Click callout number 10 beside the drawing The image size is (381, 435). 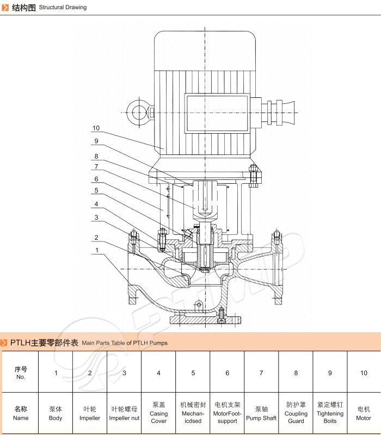click(x=96, y=128)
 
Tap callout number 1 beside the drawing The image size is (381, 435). click(x=96, y=250)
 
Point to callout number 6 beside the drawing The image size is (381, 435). click(x=96, y=178)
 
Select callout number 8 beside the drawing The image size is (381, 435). click(x=96, y=156)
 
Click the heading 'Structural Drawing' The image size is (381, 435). click(x=63, y=8)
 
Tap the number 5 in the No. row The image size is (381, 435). click(x=193, y=373)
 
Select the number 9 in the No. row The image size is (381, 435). click(x=330, y=373)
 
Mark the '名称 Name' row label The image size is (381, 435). click(x=21, y=413)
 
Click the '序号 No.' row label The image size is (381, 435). click(x=21, y=372)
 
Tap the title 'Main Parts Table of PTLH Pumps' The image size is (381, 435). click(x=125, y=343)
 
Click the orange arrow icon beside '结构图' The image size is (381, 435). click(x=5, y=8)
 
